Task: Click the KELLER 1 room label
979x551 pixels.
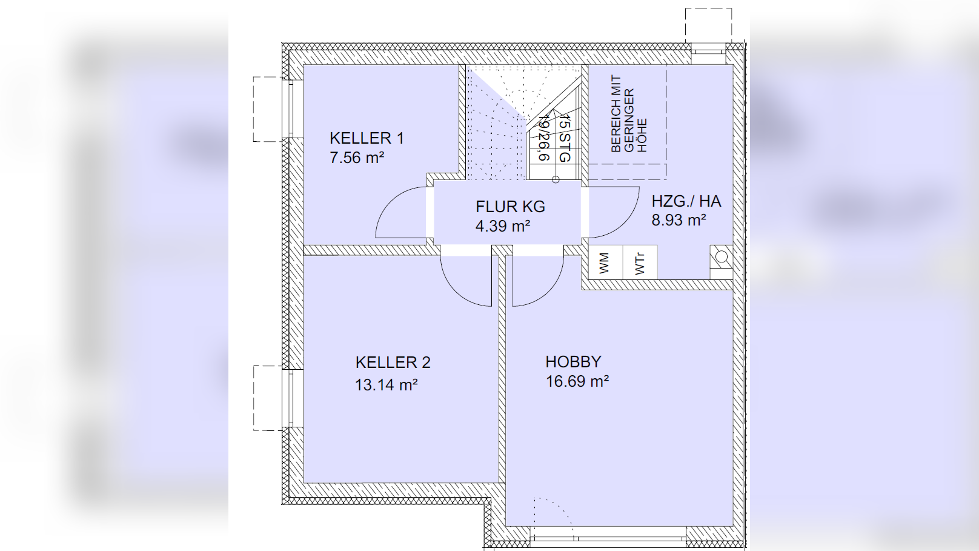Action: [367, 138]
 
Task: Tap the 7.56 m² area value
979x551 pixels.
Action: [357, 158]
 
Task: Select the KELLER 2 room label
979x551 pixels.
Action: [393, 362]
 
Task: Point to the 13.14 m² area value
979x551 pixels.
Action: [387, 385]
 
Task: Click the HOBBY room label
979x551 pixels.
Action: [574, 362]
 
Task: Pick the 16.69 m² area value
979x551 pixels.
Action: [577, 381]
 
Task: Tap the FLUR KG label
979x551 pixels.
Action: [511, 207]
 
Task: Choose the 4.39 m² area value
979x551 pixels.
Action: [503, 226]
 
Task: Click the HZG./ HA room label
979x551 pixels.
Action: [686, 201]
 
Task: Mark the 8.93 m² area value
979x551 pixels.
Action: [679, 220]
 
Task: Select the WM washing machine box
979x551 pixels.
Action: [605, 262]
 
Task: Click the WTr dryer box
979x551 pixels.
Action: [640, 262]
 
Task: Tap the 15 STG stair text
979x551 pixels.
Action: [565, 139]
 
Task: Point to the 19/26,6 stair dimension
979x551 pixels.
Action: [545, 138]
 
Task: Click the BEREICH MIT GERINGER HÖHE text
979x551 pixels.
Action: [628, 115]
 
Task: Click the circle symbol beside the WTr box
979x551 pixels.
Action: [722, 256]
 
